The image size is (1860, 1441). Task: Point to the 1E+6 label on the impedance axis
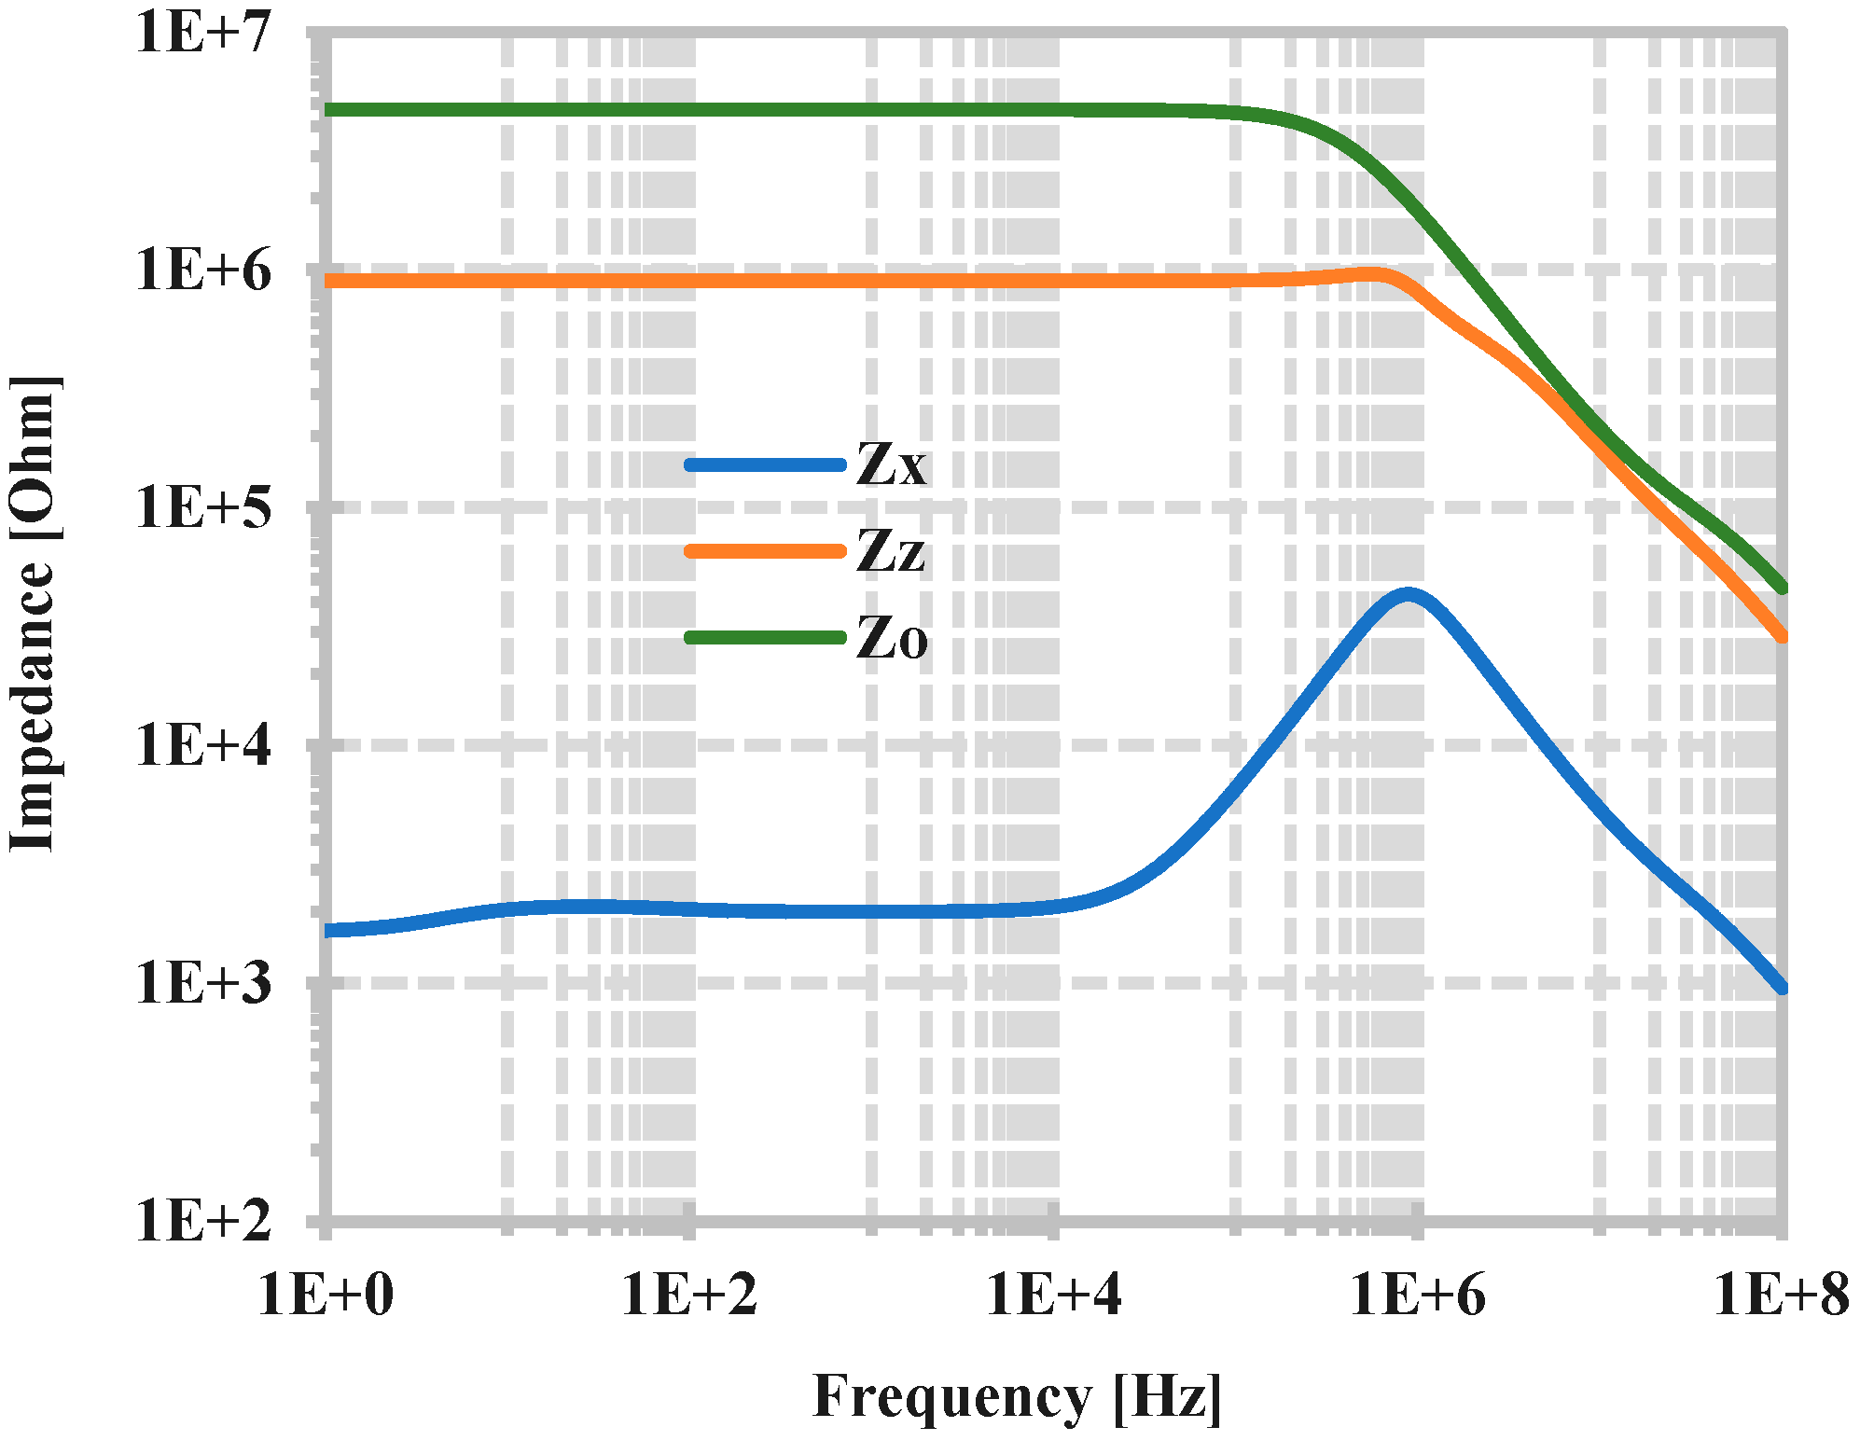tap(203, 270)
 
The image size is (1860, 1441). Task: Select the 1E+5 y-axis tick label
tap(203, 508)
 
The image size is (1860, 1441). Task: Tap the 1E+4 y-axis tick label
tap(203, 745)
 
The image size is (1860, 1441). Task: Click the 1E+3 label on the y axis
tap(203, 983)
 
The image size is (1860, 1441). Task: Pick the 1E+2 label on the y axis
tap(203, 1220)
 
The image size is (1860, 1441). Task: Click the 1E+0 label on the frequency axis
tap(326, 1295)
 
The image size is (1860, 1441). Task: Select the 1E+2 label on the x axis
tap(689, 1295)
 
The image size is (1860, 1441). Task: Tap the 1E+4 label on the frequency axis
tap(1054, 1295)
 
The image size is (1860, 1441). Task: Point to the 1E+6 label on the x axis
tap(1418, 1295)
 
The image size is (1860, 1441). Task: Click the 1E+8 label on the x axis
tap(1781, 1295)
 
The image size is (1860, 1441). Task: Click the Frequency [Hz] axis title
tap(1017, 1397)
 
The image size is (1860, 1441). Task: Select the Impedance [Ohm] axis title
tap(34, 614)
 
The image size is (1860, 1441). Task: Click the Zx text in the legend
tap(892, 464)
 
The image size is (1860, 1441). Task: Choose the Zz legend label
tap(891, 551)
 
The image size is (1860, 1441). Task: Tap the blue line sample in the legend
tap(765, 464)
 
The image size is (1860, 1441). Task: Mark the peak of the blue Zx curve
tap(1409, 594)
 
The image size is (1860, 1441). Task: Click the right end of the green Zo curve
tap(1782, 588)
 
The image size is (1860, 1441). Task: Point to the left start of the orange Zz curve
tap(328, 281)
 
